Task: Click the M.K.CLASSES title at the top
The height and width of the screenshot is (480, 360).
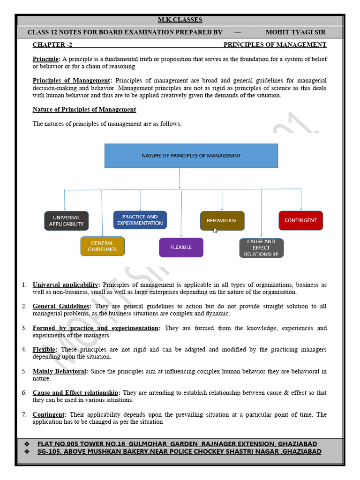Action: (x=180, y=20)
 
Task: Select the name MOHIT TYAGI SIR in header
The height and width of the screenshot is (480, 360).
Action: (x=295, y=32)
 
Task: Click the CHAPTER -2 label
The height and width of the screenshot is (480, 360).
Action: (x=52, y=45)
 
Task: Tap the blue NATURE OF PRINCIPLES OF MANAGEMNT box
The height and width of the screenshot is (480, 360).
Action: (x=191, y=156)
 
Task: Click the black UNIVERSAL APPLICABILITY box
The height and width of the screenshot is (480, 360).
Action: (x=66, y=221)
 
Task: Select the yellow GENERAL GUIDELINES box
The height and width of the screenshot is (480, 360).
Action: (x=102, y=246)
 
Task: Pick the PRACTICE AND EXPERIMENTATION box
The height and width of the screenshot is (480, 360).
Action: (x=140, y=220)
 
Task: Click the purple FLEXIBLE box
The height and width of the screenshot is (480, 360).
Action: (x=181, y=247)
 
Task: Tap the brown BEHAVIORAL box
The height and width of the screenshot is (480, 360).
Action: (x=222, y=220)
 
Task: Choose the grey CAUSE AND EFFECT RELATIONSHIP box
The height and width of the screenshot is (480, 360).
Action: (x=261, y=248)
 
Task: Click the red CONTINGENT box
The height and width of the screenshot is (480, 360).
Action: (x=300, y=220)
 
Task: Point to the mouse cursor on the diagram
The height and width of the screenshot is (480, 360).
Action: (x=215, y=230)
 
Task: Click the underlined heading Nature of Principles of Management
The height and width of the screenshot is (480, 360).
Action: (x=84, y=110)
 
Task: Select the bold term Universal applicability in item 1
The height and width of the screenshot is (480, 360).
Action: (x=66, y=285)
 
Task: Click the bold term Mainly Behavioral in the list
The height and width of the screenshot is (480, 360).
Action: (x=60, y=371)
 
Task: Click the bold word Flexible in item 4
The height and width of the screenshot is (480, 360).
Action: (x=45, y=350)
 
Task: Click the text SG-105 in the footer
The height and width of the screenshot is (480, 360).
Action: (x=48, y=451)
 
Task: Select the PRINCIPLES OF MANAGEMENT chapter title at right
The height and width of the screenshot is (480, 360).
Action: (x=275, y=45)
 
